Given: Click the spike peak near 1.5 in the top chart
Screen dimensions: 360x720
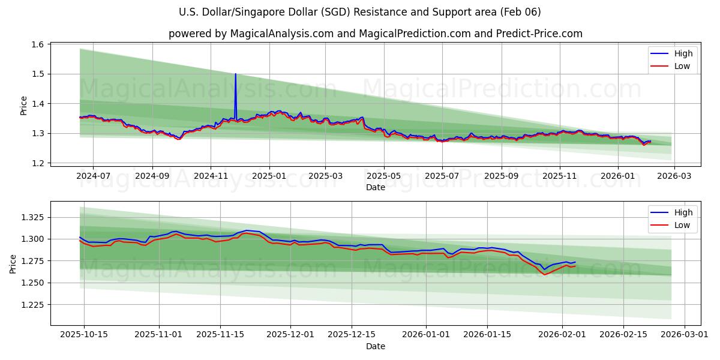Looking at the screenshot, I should tap(235, 74).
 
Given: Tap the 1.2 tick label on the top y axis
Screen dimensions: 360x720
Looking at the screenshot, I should tap(37, 163).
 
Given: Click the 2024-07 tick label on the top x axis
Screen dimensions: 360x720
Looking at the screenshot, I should tap(93, 176).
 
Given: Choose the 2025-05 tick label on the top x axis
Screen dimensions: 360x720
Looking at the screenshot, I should tap(384, 176).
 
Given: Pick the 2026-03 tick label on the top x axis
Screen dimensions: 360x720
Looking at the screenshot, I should tap(674, 176).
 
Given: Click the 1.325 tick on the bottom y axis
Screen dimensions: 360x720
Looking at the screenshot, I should tap(32, 217).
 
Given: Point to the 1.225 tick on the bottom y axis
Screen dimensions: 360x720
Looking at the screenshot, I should tap(32, 305).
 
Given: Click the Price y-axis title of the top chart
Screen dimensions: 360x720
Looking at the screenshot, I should tap(24, 105).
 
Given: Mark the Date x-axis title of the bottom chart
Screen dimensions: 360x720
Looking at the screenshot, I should tap(376, 346).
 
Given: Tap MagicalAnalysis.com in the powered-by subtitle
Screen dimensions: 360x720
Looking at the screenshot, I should tap(282, 34).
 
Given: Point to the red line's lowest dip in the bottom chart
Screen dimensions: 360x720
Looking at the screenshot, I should tap(545, 274).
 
